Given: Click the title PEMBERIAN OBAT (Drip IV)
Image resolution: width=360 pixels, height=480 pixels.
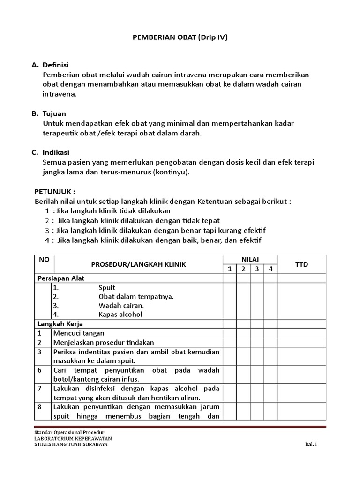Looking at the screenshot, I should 180,37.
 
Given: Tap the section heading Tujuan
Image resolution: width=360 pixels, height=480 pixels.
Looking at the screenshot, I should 54,113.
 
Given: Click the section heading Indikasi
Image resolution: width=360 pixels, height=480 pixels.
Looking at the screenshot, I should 56,152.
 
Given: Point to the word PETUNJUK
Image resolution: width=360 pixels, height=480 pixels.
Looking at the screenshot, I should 55,192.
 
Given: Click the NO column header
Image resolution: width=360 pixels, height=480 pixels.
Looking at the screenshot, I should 44,259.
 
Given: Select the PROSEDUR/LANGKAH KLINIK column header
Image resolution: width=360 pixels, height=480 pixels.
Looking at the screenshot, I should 138,264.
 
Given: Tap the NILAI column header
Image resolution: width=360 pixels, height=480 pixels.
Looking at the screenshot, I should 250,259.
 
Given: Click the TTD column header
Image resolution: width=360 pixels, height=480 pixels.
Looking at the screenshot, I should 301,264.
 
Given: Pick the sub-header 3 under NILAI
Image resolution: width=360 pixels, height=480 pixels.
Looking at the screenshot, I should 257,269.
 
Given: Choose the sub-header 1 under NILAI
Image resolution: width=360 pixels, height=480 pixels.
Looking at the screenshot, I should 230,269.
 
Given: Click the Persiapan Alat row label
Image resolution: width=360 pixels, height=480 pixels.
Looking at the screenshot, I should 60,278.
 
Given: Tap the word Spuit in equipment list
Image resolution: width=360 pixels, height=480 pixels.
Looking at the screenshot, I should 107,287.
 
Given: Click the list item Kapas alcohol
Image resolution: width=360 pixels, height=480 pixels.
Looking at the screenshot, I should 120,314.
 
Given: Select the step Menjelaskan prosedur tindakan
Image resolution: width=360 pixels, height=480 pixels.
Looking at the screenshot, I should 104,342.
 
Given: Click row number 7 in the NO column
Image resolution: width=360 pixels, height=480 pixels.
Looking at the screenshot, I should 40,389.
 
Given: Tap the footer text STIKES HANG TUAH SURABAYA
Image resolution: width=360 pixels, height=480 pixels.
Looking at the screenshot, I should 71,445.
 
